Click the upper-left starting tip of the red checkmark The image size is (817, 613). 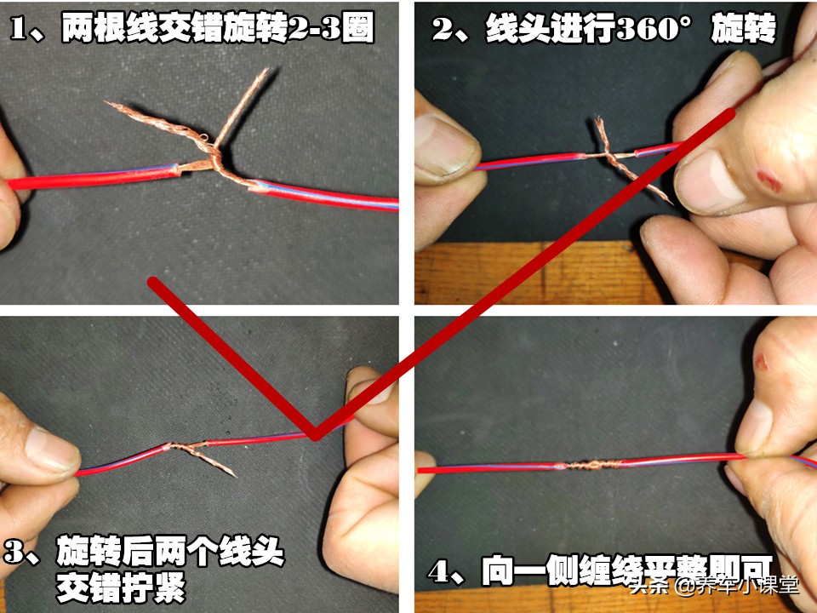coord(154,282)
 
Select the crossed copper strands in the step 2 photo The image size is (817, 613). coord(614,158)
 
